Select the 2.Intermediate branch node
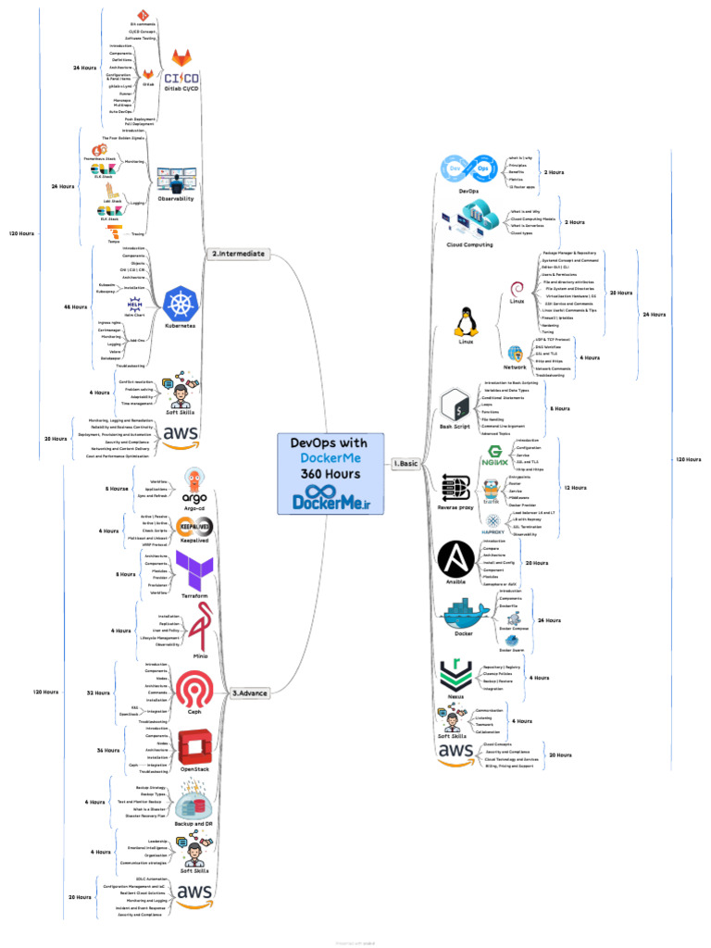tap(238, 253)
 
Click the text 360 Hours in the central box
tap(330, 474)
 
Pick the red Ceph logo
tap(195, 692)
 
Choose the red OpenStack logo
tap(195, 749)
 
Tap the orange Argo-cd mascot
tap(194, 481)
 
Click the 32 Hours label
tap(97, 692)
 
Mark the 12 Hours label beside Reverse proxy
tap(576, 487)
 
